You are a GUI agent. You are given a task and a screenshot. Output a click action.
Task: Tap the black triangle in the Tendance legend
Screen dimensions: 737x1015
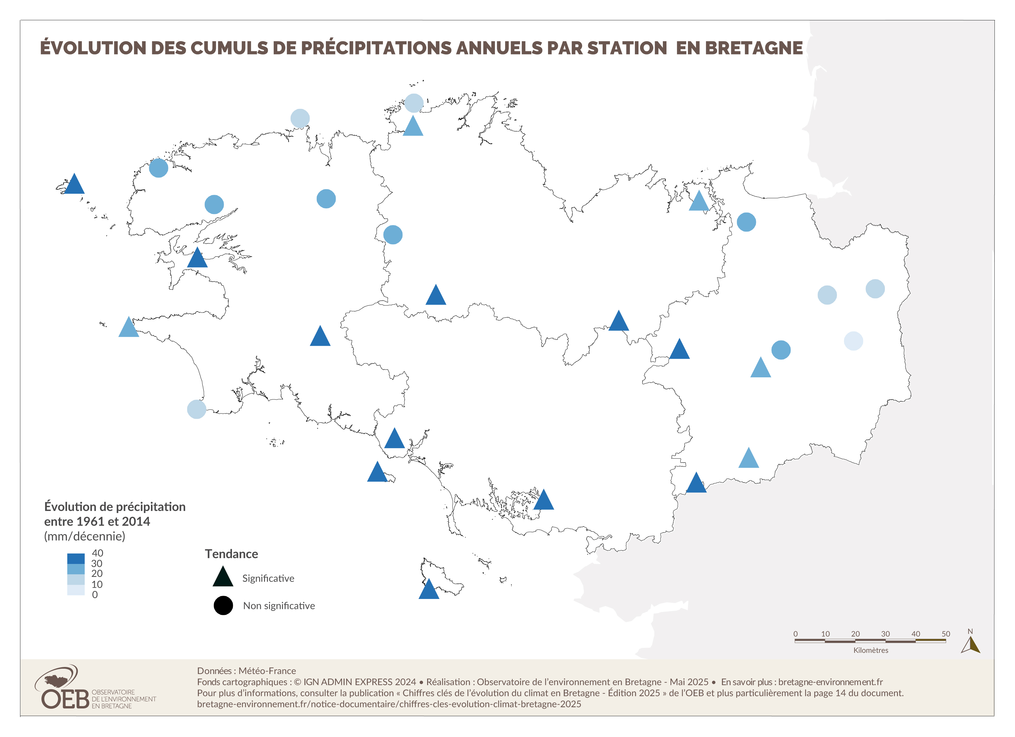(x=223, y=577)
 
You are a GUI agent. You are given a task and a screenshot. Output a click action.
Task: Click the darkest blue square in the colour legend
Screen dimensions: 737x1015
(x=76, y=558)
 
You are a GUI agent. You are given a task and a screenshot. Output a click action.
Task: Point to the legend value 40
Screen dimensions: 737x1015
(x=97, y=553)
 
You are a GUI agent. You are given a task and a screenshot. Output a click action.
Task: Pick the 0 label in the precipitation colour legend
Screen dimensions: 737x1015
(x=95, y=595)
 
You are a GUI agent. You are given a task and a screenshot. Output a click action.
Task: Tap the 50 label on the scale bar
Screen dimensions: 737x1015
(x=946, y=634)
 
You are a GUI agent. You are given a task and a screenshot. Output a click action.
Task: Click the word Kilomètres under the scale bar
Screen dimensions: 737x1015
(x=870, y=650)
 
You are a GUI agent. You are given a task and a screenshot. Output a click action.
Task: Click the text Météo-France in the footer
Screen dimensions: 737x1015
(x=267, y=671)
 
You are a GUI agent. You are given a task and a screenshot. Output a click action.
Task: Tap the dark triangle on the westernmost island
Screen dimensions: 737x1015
(x=74, y=184)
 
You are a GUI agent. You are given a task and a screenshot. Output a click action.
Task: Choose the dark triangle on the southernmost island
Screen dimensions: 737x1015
(x=429, y=590)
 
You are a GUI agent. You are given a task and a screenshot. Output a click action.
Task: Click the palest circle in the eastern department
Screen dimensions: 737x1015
(x=853, y=341)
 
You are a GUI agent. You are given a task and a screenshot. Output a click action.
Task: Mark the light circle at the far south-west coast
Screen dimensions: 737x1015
(x=196, y=409)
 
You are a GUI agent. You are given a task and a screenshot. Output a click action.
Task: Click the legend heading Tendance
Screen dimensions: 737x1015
(x=231, y=554)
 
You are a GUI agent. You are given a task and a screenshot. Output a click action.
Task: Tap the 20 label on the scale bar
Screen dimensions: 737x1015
(x=855, y=634)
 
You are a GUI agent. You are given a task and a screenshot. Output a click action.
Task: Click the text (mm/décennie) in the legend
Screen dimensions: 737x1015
(x=84, y=536)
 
